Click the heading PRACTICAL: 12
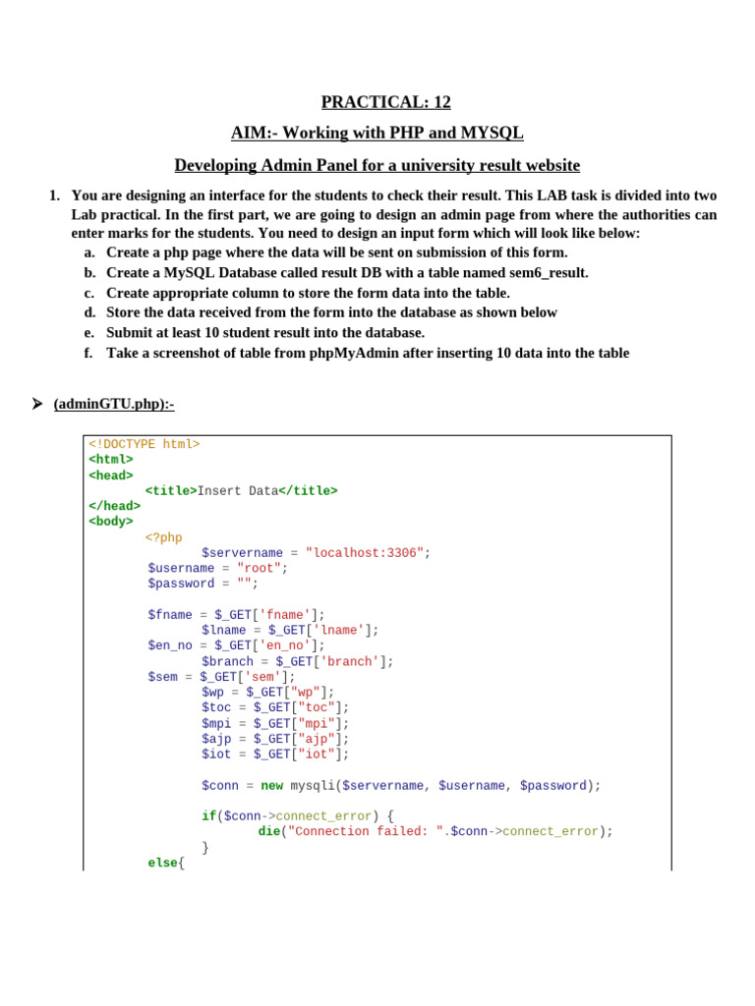point(385,102)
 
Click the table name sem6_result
point(544,273)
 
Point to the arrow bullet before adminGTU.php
point(36,404)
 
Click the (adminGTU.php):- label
point(113,404)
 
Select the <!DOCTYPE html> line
point(145,444)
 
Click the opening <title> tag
point(171,491)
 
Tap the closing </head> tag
point(114,506)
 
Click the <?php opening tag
point(164,537)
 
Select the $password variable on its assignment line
point(181,584)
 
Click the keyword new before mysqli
point(271,786)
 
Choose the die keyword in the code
point(268,831)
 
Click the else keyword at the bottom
point(163,863)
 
